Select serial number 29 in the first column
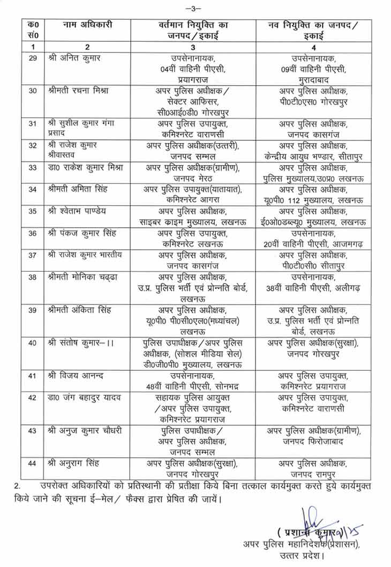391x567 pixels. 32,58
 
